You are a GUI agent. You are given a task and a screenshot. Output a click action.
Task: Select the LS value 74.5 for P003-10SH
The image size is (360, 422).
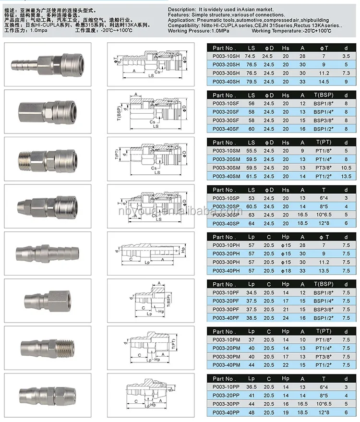pos(251,56)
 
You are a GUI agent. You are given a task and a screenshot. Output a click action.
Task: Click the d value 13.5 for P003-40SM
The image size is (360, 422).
pos(346,176)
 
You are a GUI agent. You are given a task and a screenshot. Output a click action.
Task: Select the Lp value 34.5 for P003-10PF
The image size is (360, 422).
pos(251,292)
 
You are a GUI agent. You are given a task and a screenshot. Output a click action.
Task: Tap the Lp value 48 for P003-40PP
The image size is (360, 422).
pos(251,412)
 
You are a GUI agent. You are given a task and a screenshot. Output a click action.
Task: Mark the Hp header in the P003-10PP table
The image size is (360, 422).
pos(286,378)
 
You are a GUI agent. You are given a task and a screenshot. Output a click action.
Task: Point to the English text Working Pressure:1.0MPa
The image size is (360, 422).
pos(197,31)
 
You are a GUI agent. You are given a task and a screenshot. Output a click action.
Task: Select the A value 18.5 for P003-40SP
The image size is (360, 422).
pos(302,223)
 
